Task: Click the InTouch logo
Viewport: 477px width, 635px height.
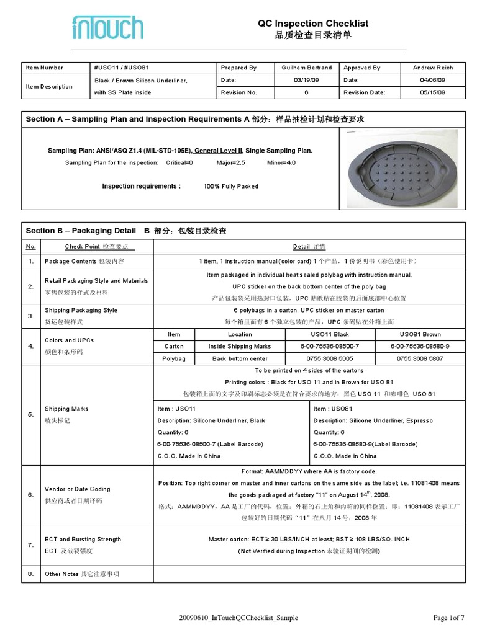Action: click(x=107, y=28)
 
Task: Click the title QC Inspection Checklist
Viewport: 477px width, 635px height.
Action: click(x=313, y=24)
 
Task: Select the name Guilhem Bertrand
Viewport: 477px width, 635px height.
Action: click(x=307, y=68)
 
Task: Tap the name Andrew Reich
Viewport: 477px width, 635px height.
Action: click(x=433, y=68)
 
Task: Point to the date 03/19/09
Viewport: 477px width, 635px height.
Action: click(x=307, y=80)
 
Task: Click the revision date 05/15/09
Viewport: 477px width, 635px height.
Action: click(x=433, y=92)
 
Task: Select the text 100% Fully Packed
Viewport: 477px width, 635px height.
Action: click(x=231, y=186)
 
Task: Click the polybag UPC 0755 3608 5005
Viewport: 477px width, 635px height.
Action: click(x=329, y=358)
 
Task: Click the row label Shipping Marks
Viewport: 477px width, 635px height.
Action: click(x=66, y=409)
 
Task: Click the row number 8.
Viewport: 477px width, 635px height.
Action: click(x=30, y=574)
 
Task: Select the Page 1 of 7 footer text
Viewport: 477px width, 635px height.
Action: click(x=448, y=618)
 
